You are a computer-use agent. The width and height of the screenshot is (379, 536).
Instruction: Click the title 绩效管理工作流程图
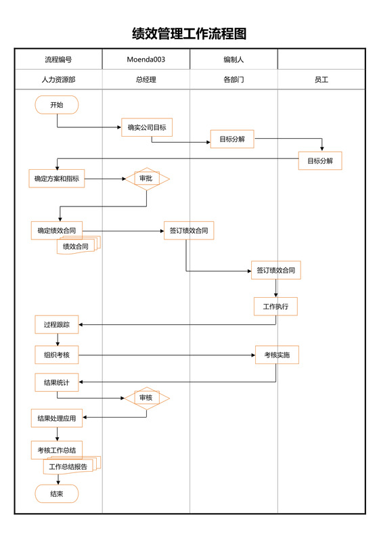click(189, 34)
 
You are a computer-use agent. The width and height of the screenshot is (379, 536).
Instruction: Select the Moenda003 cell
click(146, 60)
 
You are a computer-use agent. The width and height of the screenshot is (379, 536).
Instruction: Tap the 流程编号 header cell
click(58, 60)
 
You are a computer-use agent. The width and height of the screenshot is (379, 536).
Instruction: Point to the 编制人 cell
click(233, 60)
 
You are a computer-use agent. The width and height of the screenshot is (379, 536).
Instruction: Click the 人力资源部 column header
click(58, 79)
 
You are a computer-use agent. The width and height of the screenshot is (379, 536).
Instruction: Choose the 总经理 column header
click(146, 79)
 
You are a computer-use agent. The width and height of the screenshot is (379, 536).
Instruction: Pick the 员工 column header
click(321, 79)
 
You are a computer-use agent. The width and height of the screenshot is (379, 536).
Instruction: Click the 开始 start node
click(57, 105)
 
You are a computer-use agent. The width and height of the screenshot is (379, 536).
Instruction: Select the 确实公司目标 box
click(147, 127)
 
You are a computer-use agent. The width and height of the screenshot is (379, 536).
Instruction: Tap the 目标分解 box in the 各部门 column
click(232, 139)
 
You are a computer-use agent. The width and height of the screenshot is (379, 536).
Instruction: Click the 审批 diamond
click(146, 179)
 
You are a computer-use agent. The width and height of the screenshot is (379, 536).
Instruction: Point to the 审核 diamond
click(146, 397)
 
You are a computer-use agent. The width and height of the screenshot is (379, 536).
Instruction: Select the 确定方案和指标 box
click(57, 179)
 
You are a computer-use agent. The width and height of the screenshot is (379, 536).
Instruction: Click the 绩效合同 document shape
click(77, 246)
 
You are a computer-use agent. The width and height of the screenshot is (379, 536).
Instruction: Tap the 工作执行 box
click(275, 307)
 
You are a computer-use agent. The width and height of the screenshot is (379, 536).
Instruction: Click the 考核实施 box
click(277, 355)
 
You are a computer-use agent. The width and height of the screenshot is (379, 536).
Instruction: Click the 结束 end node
click(57, 494)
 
